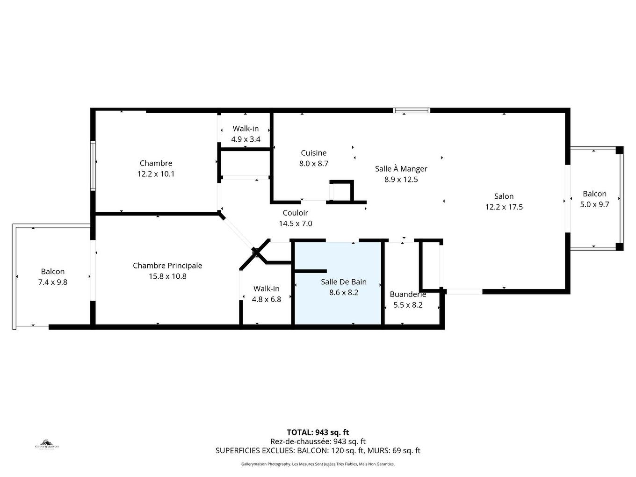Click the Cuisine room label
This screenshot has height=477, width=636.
pos(313,153)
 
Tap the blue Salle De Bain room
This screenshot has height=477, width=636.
pos(337,304)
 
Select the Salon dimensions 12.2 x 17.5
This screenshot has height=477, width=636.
pos(504,207)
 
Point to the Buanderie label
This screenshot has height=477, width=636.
pos(408,294)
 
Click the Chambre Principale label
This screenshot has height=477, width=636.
pos(167,266)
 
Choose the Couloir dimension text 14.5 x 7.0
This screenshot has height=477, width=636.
pos(295,224)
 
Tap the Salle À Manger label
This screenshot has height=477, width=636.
pos(401,169)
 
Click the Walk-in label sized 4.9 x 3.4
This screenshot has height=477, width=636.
pos(246,129)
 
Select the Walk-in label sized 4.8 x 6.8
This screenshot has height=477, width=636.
pos(266,289)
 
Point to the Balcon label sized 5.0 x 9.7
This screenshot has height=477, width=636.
pos(594,194)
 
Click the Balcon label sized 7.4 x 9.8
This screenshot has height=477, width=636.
pos(53,271)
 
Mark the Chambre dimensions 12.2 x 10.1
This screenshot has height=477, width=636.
pos(156,174)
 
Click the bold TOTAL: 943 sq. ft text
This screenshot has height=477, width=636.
pos(318,432)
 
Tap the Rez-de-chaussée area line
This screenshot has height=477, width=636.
pos(318,441)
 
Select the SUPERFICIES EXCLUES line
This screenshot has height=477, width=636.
pos(318,451)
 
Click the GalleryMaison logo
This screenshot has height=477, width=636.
pos(47,444)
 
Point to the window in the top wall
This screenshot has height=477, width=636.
pos(411,111)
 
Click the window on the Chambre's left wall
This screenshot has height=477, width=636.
pos(93,166)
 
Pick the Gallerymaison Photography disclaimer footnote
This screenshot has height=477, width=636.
pos(318,464)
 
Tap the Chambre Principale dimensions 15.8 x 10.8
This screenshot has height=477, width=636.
pos(167,276)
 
